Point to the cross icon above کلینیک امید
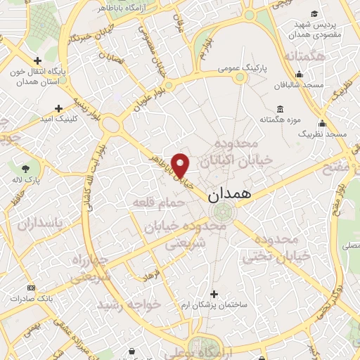point(58,108)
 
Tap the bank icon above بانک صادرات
point(31,288)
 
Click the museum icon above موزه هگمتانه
point(281,109)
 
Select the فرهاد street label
point(153,274)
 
